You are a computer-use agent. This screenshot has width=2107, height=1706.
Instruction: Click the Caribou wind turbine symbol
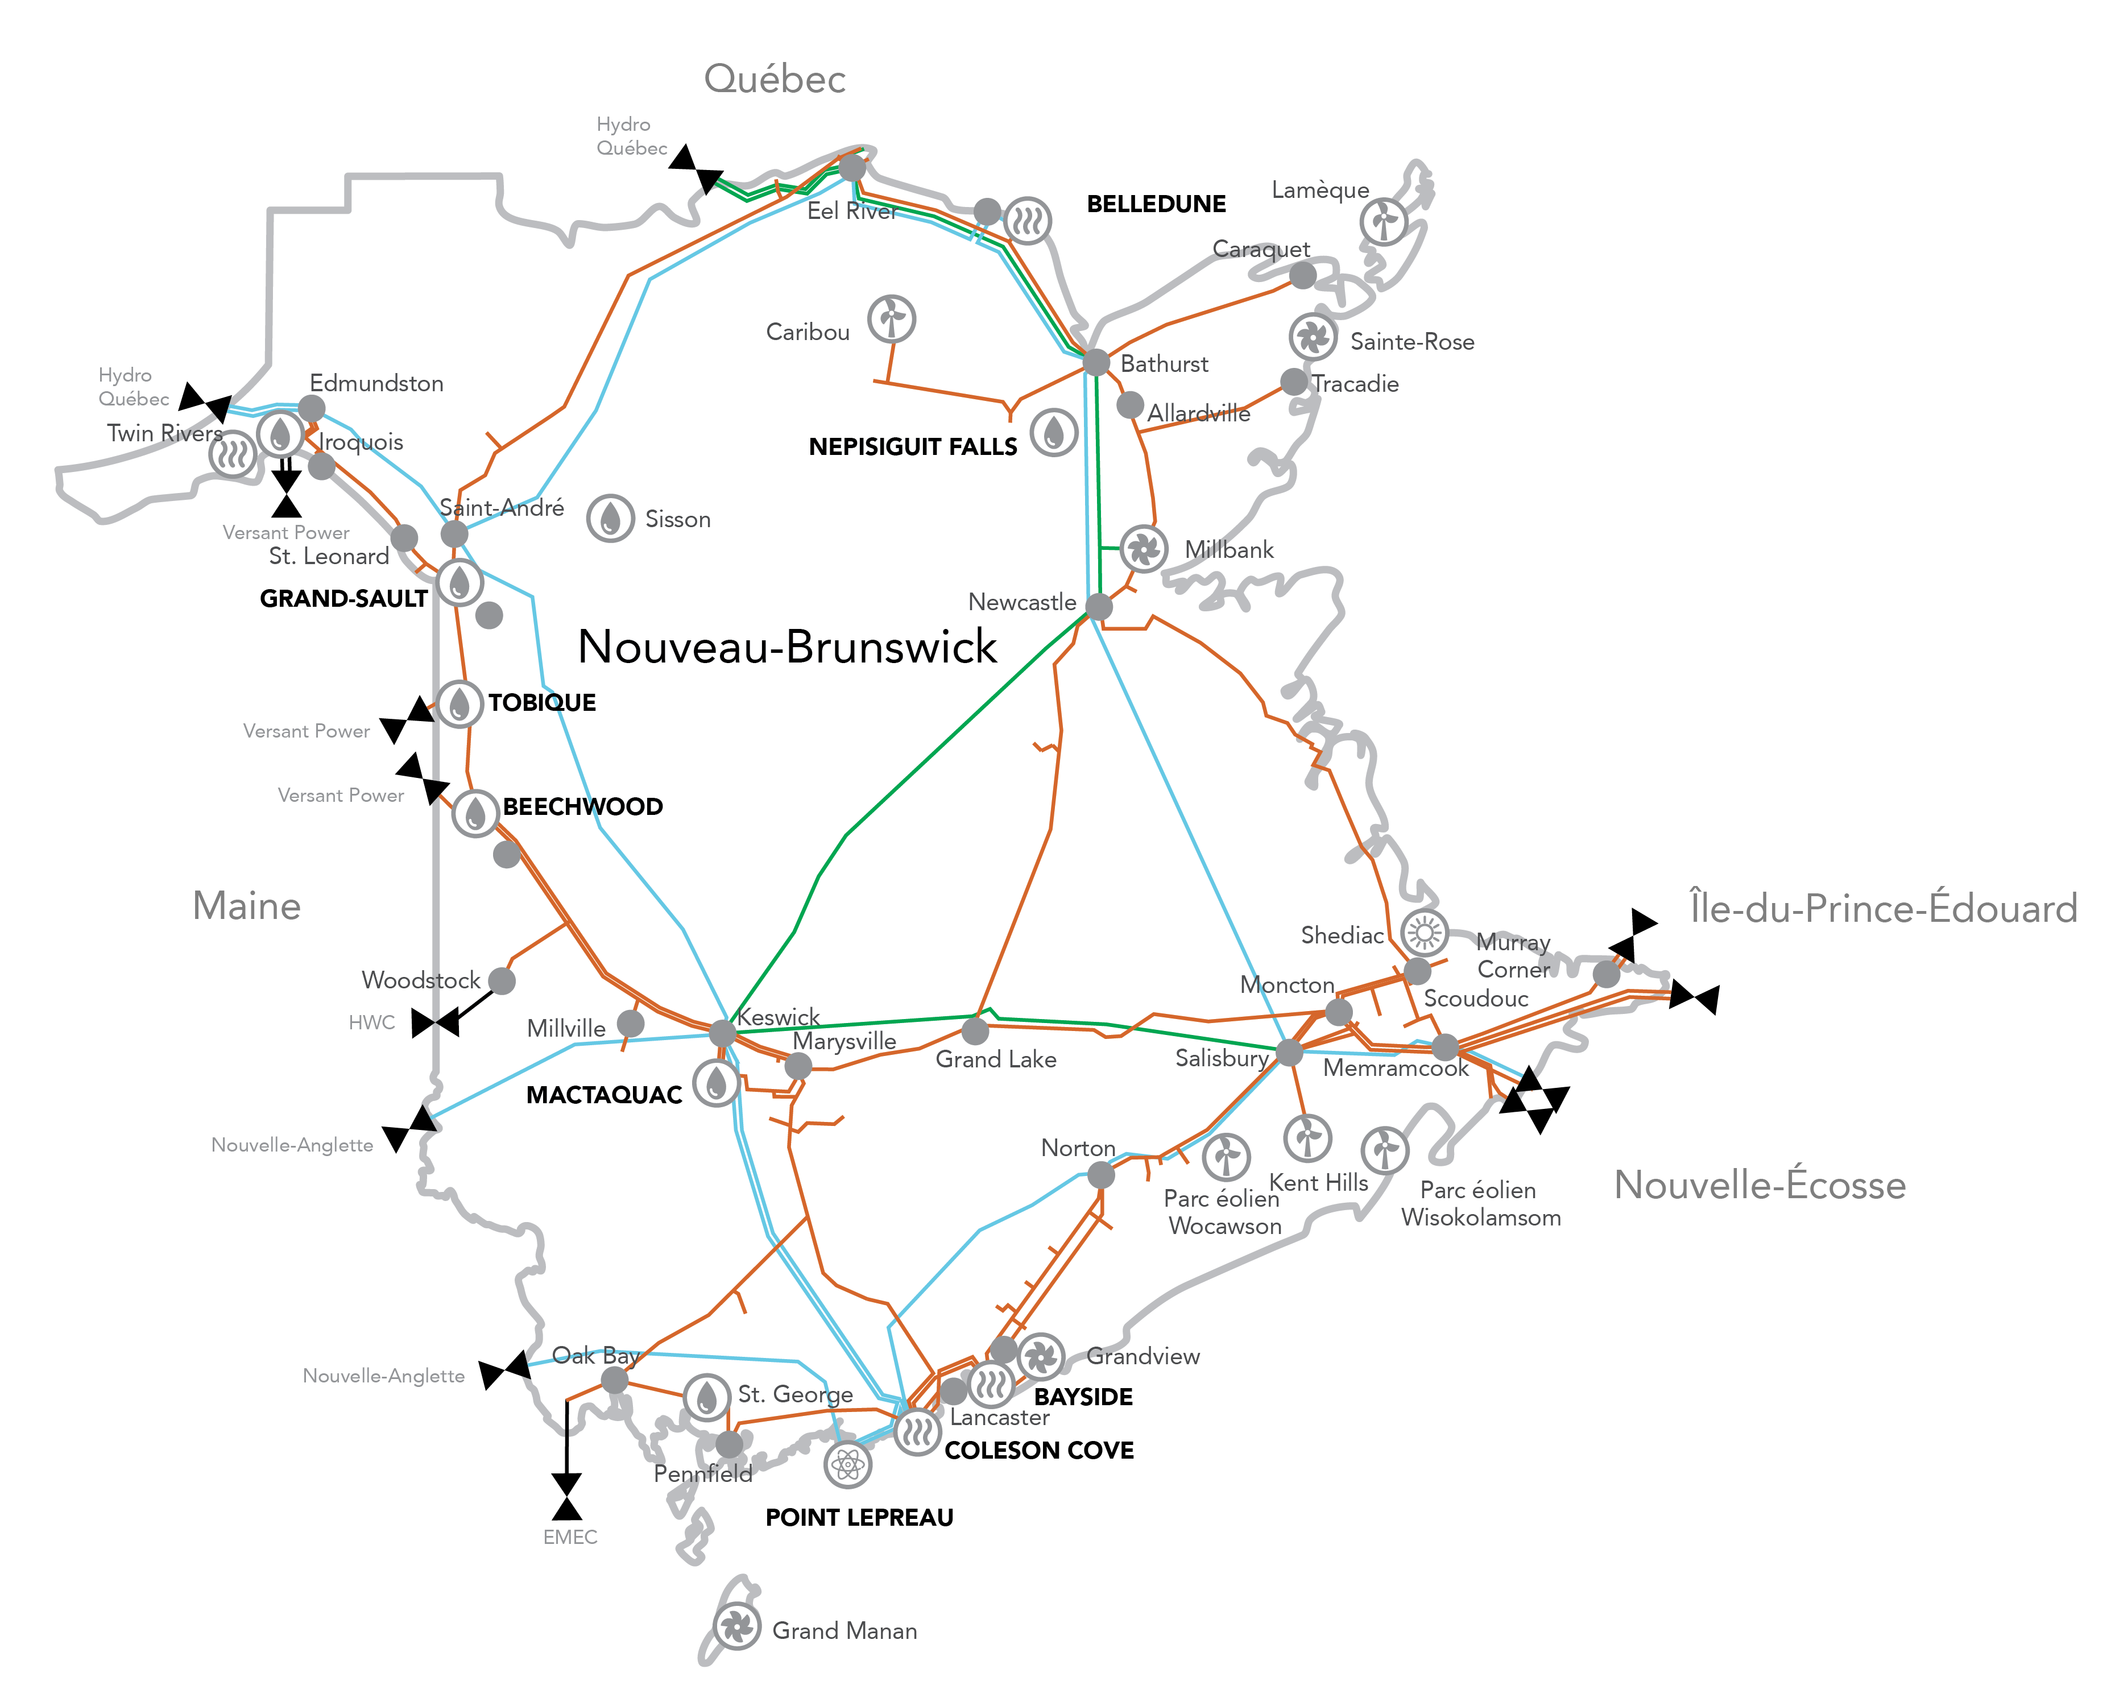tap(891, 318)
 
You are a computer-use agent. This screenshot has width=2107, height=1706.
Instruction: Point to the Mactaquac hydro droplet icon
tap(717, 1083)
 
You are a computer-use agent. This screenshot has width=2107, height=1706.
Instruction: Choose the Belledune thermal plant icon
tap(1027, 220)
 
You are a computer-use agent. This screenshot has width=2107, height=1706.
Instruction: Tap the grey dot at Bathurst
tap(1096, 362)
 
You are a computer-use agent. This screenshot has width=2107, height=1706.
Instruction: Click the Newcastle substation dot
tap(1099, 606)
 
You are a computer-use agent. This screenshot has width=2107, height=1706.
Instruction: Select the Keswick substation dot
tap(722, 1033)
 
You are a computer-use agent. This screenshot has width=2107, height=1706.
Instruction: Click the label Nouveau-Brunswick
tap(787, 647)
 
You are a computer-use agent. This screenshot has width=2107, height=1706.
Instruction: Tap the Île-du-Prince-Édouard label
tap(1883, 908)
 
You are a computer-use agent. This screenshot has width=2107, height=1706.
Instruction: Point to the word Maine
tap(247, 905)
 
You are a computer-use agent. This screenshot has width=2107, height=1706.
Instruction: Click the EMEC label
tap(570, 1537)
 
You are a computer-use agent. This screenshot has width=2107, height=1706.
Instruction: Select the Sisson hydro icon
tap(610, 518)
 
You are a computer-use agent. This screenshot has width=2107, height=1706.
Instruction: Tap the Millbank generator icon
tap(1144, 548)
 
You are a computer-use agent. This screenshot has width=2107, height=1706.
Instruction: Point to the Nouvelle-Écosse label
tap(1759, 1185)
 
